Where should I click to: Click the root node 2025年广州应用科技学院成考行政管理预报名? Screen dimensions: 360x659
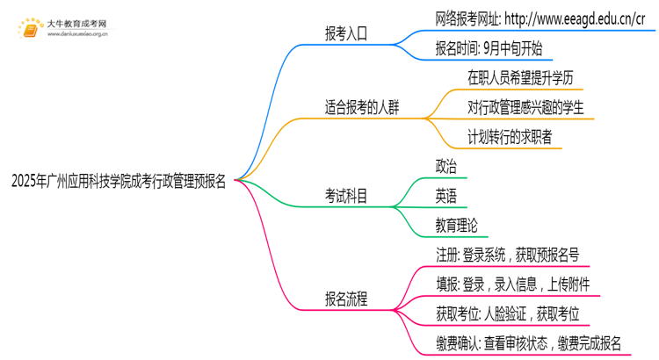(x=119, y=182)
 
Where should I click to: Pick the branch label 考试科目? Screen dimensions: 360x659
(x=346, y=195)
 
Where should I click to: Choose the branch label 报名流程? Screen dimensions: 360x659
(x=346, y=299)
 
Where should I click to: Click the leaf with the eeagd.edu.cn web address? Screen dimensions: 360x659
(x=540, y=18)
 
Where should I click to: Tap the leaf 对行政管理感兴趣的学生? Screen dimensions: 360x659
(x=525, y=109)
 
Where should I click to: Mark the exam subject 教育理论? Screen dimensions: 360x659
(x=456, y=225)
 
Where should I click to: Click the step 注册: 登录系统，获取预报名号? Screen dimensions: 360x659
(x=507, y=255)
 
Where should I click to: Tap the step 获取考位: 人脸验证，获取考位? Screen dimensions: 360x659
(x=507, y=313)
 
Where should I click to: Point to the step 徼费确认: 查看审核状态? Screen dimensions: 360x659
(x=528, y=343)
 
